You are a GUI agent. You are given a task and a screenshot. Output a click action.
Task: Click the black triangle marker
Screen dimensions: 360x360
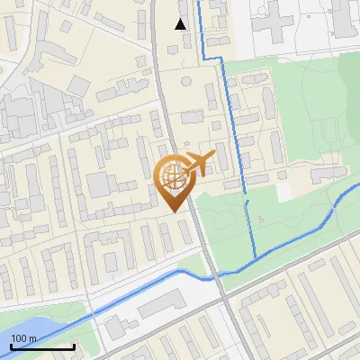pos(181,24)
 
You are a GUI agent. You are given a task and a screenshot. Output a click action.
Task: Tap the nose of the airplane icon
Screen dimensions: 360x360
pos(214,157)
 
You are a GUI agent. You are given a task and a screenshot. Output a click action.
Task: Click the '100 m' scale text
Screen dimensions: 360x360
pos(23,338)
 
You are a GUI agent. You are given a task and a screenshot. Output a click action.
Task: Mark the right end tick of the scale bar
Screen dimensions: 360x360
pos(74,346)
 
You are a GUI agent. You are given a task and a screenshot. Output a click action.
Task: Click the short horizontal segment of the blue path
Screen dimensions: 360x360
pos(211,58)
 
